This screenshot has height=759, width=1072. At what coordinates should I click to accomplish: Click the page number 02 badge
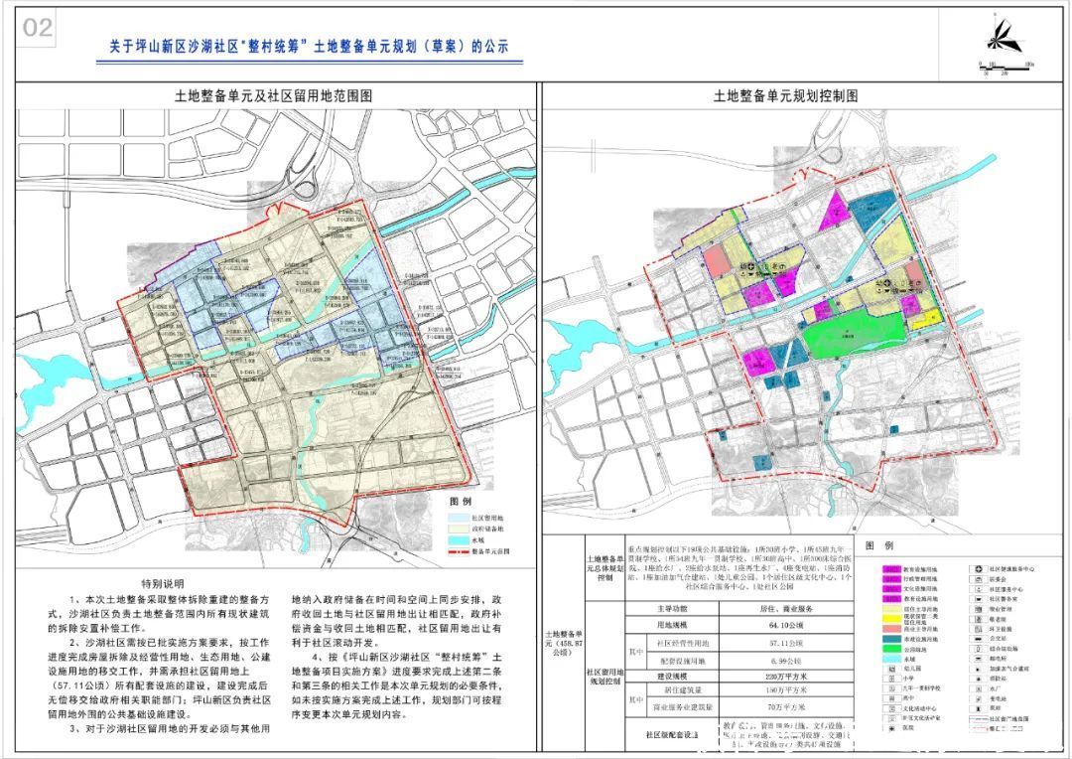point(38,28)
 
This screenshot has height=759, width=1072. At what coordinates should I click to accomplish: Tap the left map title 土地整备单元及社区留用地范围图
point(273,95)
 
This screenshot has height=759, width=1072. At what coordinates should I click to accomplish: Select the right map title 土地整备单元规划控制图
point(785,95)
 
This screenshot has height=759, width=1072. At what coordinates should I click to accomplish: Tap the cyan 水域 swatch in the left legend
point(456,540)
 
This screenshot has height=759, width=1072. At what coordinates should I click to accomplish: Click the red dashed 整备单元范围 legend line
point(456,550)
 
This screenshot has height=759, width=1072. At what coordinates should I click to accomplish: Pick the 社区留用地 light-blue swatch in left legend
point(456,519)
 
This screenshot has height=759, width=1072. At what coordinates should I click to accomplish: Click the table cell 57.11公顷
point(798,644)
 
